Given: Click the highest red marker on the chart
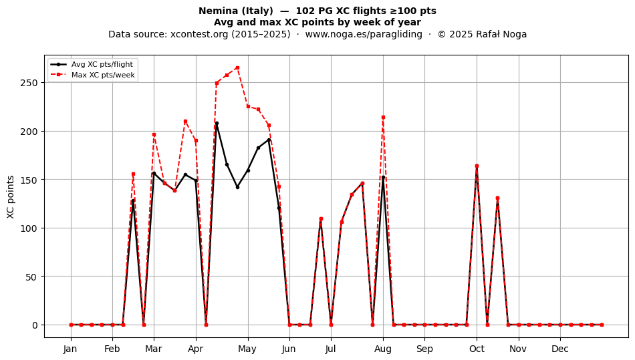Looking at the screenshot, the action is coord(237,67).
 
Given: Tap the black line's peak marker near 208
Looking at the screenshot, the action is coord(217,124).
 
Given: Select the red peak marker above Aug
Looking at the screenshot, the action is coord(383,118).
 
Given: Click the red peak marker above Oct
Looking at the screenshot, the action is coord(477,166).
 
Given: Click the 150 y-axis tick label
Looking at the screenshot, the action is coord(29,180).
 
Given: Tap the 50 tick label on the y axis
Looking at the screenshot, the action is coord(32,277).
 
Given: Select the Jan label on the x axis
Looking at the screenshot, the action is coord(71,349).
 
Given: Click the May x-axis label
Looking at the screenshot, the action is coord(247,349).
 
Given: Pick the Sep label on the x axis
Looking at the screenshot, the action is coord(424,349).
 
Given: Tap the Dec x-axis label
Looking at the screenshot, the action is coord(560,349).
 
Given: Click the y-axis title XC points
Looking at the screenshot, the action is coord(11,198).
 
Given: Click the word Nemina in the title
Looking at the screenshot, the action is coord(215,11).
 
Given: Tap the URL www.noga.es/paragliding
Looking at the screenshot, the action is coord(364,34).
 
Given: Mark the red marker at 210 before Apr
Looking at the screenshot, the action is coord(185,122).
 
